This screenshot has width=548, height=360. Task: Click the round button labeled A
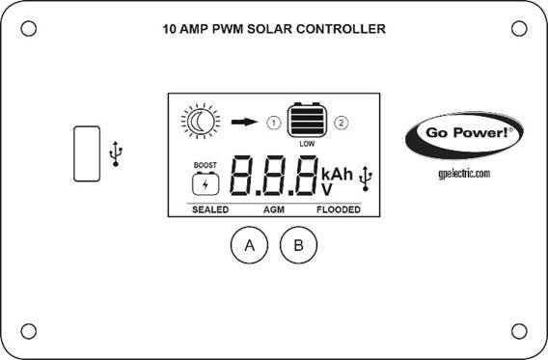pos(250,245)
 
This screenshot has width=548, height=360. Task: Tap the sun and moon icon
pos(201,121)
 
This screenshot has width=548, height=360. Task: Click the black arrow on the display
pos(246,123)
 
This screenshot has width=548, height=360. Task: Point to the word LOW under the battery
pos(307,144)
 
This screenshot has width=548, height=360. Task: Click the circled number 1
pos(274,123)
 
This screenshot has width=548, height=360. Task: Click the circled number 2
pos(341,123)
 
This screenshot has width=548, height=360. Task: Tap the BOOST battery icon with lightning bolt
pos(205,181)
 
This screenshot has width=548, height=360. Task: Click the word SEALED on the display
pos(209,209)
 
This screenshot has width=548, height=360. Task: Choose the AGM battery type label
pos(274,209)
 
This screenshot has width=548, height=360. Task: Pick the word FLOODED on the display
pos(339,209)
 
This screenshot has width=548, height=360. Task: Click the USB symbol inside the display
pos(366,178)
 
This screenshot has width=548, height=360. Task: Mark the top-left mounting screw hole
pos(29,28)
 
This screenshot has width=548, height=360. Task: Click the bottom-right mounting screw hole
pos(519,331)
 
